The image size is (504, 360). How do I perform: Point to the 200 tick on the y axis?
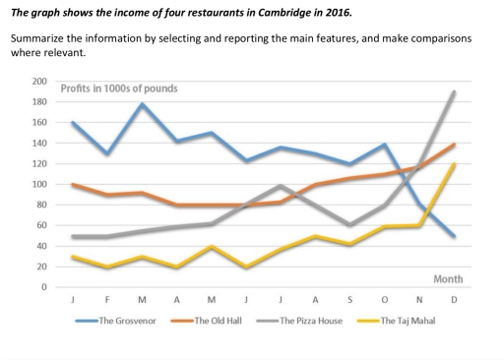pos(39,81)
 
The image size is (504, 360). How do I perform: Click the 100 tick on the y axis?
pos(39,184)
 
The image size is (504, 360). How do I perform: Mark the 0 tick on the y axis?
pos(43,287)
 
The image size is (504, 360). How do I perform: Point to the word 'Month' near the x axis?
pos(448,279)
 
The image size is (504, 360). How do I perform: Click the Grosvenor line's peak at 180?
pos(144,103)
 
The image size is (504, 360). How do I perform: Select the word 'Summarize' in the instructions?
pos(39,41)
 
